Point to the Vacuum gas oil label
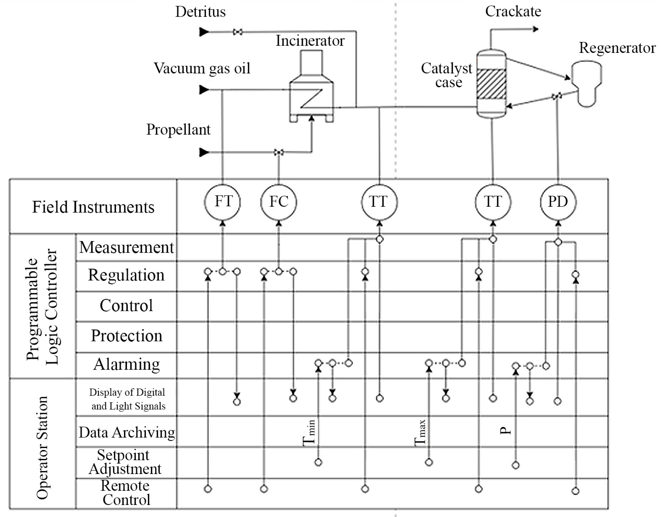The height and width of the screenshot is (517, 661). coord(202,68)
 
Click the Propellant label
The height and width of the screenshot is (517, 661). coord(178,130)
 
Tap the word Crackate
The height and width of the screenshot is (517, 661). coord(513,12)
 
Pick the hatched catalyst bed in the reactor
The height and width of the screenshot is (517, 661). coord(491,83)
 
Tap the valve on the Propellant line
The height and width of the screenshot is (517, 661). coord(279,152)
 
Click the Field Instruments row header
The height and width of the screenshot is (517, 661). coord(93,207)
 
